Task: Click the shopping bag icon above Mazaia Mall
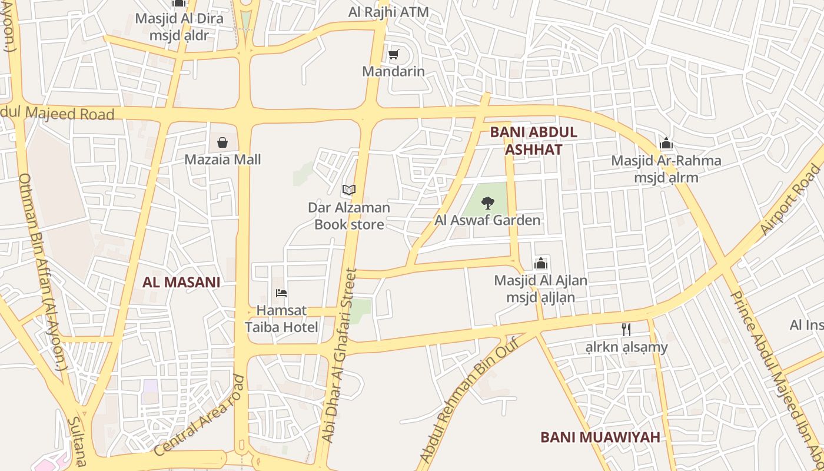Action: [222, 142]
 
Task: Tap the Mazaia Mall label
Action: [222, 160]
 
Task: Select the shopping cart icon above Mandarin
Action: [393, 55]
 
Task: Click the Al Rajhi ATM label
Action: [388, 12]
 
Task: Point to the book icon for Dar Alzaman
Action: [349, 190]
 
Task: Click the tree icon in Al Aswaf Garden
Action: [487, 204]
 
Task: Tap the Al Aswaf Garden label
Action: [487, 221]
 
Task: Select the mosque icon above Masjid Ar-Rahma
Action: [666, 144]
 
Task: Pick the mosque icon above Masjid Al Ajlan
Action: [541, 263]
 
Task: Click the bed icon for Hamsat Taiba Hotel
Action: [281, 293]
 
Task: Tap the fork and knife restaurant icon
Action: [626, 330]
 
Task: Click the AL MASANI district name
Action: [181, 282]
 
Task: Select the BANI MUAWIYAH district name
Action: [600, 437]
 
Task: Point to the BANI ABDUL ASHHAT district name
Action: [534, 141]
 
